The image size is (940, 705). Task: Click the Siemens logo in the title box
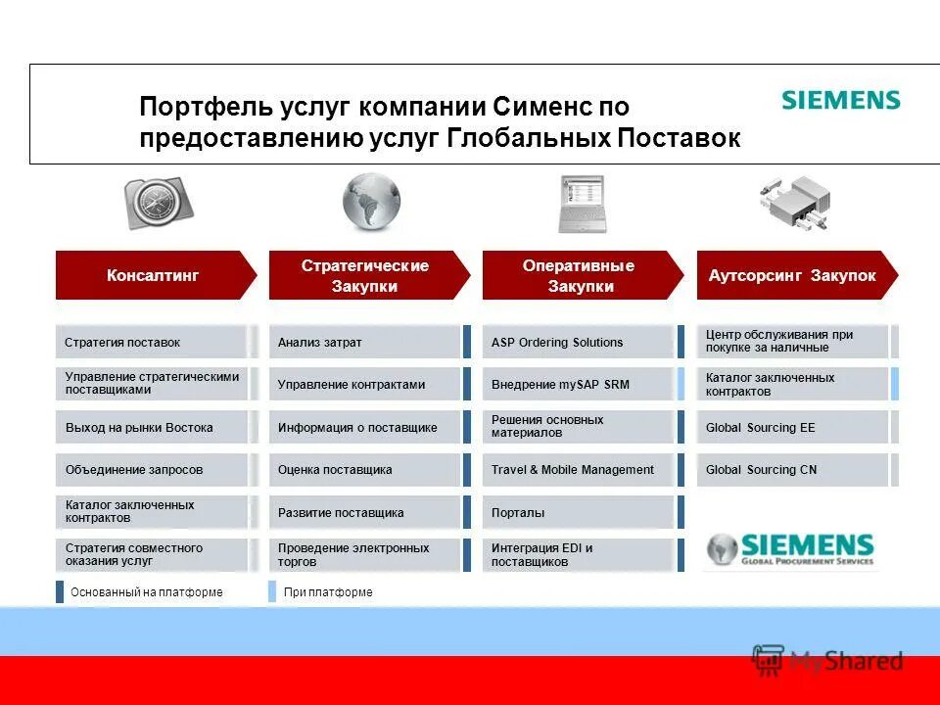point(840,100)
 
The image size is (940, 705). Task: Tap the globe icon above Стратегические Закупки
point(371,203)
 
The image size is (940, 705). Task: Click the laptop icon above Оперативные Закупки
point(582,204)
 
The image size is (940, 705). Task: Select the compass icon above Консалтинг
point(158,203)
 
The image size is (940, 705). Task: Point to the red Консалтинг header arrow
point(155,275)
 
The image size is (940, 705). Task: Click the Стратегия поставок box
point(152,342)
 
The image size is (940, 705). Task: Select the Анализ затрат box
point(364,342)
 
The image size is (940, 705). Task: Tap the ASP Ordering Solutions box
point(579,342)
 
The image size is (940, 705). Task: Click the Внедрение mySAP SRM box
point(579,385)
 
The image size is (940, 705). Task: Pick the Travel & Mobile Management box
point(579,470)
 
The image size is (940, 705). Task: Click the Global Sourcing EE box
point(792,427)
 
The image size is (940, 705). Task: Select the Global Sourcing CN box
point(792,470)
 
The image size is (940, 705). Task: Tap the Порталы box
point(579,512)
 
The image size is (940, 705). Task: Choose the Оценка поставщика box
point(364,470)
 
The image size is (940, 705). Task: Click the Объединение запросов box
point(152,470)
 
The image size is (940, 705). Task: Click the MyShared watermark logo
point(827,661)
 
